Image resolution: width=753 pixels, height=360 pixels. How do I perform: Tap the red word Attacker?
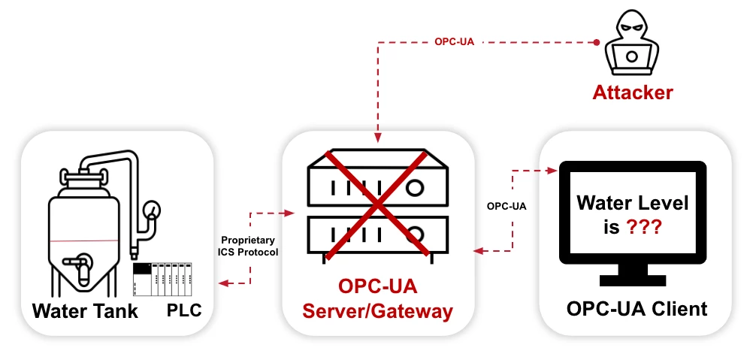(x=633, y=93)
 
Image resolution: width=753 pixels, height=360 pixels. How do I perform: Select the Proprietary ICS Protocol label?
(x=247, y=246)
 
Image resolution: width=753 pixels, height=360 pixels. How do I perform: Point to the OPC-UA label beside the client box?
(x=507, y=205)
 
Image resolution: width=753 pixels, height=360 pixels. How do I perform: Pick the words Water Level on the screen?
(x=633, y=203)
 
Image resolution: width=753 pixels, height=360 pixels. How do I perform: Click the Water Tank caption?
(x=85, y=310)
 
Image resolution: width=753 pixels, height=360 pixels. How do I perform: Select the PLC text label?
(x=184, y=310)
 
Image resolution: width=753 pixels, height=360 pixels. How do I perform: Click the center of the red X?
(x=376, y=203)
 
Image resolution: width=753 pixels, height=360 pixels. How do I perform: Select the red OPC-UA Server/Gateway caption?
(x=377, y=299)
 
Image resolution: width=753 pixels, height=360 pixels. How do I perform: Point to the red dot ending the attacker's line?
(x=597, y=42)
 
